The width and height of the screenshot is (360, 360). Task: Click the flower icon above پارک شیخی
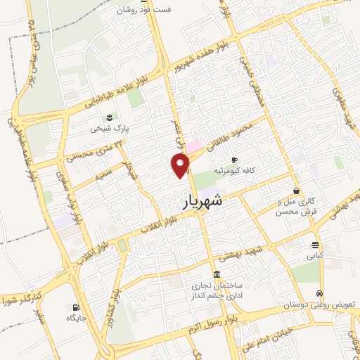click(108, 117)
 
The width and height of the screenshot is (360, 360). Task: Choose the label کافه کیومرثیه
click(254, 171)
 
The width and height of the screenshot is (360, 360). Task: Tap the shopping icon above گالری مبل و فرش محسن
click(296, 191)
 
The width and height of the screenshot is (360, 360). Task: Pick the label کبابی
click(314, 257)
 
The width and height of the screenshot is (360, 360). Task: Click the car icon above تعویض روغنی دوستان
click(320, 293)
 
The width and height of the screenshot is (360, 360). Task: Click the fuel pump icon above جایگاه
click(76, 307)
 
